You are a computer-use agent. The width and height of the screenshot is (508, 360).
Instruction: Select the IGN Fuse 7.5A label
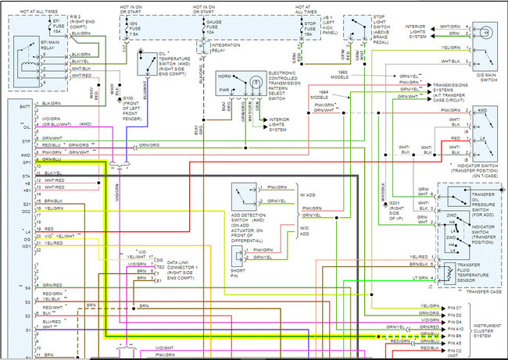[x=155, y=29]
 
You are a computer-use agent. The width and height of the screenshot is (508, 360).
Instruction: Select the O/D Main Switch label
[x=486, y=76]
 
